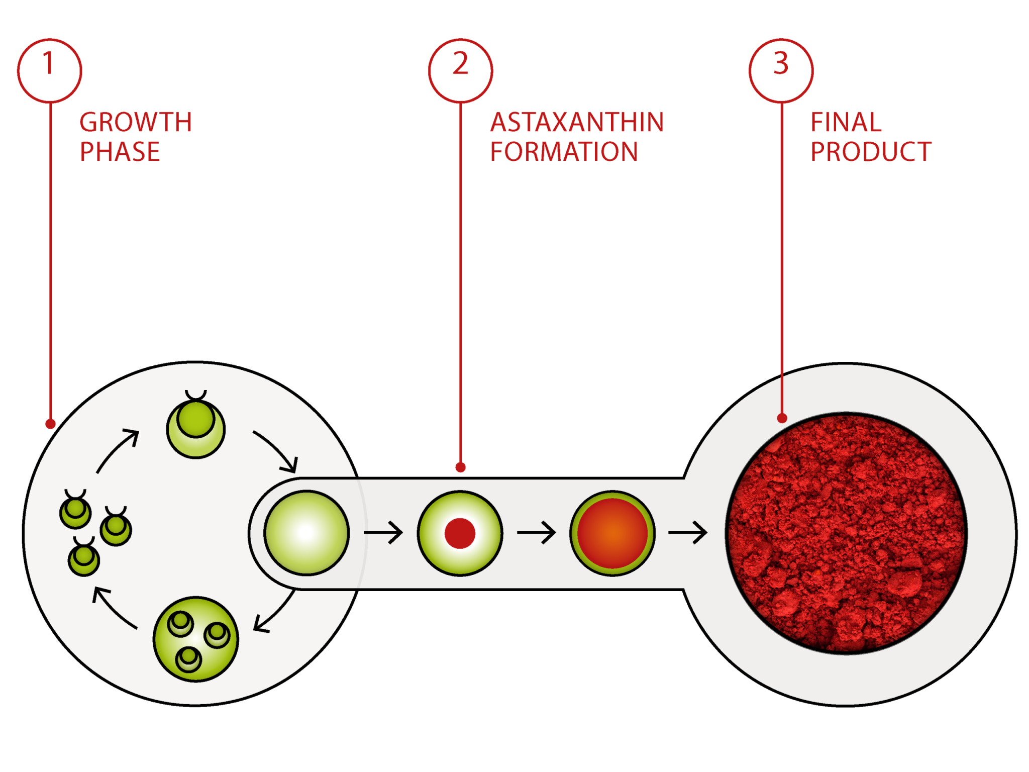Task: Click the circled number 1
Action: click(x=49, y=70)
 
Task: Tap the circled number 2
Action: click(x=460, y=70)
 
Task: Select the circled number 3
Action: click(x=781, y=70)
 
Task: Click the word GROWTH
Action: click(x=136, y=122)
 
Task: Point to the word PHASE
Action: click(x=120, y=152)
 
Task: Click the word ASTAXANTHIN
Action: click(x=577, y=122)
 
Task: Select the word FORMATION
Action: click(x=564, y=152)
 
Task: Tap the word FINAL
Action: click(x=846, y=122)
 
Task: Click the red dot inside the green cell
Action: click(x=460, y=533)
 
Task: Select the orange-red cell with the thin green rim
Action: click(x=612, y=533)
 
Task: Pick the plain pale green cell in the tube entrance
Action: click(x=306, y=533)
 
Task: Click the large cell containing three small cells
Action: click(x=196, y=639)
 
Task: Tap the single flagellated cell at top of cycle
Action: click(x=196, y=427)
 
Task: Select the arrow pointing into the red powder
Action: click(x=688, y=532)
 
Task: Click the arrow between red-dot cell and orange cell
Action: click(x=536, y=532)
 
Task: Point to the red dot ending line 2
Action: click(x=460, y=467)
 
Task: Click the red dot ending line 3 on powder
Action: click(x=782, y=418)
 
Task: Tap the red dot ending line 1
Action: click(x=50, y=424)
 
